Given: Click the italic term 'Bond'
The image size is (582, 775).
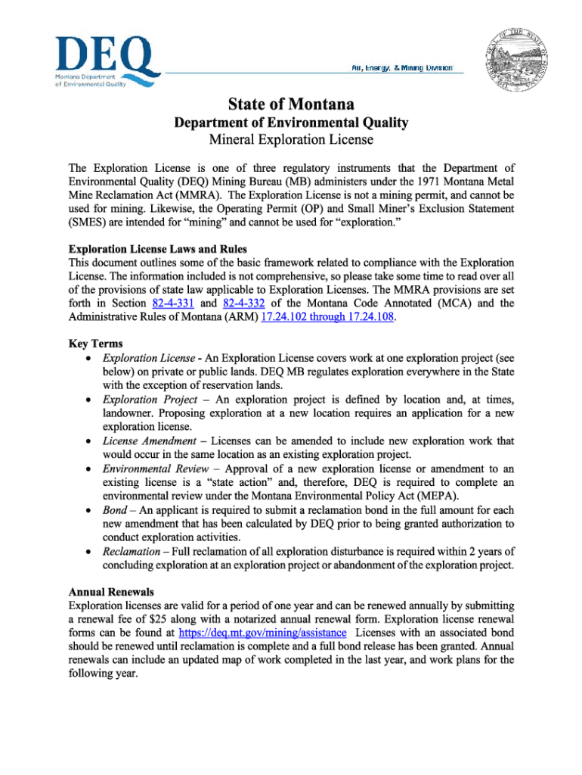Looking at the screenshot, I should pos(115,509).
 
